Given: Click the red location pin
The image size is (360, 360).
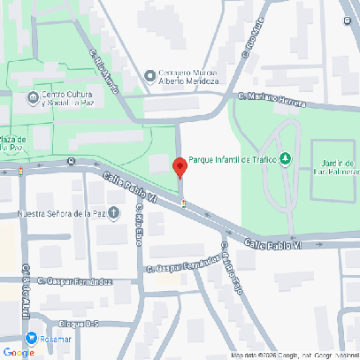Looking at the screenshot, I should (x=180, y=167).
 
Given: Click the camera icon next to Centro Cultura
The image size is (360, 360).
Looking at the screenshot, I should (x=34, y=96).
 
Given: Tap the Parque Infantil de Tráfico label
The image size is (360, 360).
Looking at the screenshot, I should (x=233, y=159).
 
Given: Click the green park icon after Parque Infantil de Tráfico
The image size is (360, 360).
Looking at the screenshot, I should (x=285, y=159).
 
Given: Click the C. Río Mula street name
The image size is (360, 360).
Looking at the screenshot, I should (x=253, y=42).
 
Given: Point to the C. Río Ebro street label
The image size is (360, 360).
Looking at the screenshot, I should (x=140, y=229).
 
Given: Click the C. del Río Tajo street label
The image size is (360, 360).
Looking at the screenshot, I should (x=232, y=266).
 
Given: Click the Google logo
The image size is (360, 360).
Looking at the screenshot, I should (x=19, y=352).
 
